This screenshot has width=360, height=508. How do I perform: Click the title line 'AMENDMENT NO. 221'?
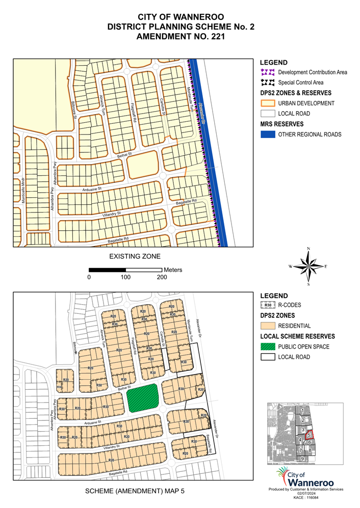point(181,37)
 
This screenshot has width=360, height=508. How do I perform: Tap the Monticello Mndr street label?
point(23,191)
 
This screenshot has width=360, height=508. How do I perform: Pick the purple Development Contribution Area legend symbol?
point(268,72)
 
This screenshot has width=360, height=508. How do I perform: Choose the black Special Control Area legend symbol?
point(268,83)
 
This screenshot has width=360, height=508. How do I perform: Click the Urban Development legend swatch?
point(268,103)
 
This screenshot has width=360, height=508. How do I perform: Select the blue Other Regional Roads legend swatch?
point(268,135)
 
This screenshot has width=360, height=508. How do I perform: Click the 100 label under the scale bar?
point(125,278)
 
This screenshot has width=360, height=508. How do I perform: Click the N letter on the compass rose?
point(308,249)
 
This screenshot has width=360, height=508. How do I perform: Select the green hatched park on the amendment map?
point(142,398)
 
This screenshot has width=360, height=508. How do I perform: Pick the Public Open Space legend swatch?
point(268,347)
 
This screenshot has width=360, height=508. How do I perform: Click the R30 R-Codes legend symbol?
point(268,306)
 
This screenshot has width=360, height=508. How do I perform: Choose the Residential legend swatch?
point(268,326)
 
